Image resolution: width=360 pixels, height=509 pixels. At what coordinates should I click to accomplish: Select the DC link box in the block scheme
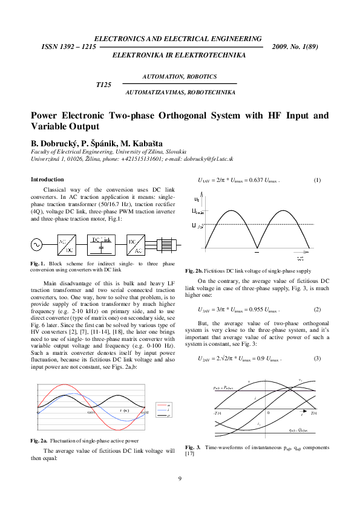[102, 245]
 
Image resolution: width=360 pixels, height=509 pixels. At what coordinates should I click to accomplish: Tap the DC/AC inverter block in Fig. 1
[136, 245]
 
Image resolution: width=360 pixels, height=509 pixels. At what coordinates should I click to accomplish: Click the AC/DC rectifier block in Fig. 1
[67, 245]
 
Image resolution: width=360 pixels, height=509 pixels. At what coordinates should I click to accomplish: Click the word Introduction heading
[47, 180]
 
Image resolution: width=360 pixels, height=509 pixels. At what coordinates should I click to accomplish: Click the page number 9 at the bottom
[180, 479]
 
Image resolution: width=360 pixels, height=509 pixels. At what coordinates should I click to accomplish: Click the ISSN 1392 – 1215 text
[68, 47]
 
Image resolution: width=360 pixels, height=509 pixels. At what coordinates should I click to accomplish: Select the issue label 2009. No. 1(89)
[296, 47]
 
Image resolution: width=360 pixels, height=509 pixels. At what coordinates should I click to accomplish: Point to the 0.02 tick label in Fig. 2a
[145, 412]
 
